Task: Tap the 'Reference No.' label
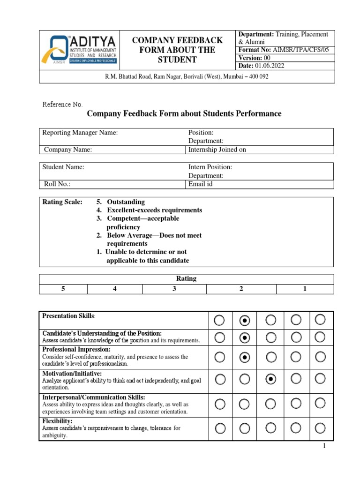coord(62,104)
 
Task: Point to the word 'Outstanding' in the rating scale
coord(126,202)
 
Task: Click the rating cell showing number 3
coord(174,289)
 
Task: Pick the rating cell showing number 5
coord(63,289)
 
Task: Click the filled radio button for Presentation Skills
coord(244,320)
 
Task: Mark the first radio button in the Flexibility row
coord(219,428)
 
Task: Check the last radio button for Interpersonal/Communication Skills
coord(320,403)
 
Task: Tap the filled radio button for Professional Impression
coord(244,357)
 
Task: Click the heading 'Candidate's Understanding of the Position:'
coord(102,333)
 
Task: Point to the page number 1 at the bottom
coord(323,446)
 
